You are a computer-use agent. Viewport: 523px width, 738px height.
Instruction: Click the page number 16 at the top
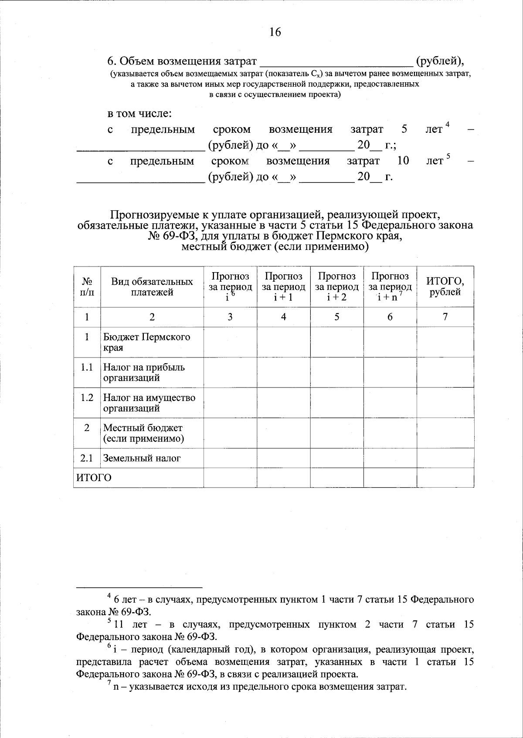click(275, 32)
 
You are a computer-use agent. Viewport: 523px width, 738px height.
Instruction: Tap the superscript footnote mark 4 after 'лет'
click(447, 126)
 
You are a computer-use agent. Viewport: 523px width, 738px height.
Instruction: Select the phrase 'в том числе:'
click(140, 114)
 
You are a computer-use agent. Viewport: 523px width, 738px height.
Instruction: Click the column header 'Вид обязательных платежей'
click(152, 287)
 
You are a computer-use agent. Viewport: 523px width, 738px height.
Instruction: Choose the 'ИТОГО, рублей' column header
click(445, 287)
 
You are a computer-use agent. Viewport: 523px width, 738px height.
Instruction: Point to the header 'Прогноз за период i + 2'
click(336, 287)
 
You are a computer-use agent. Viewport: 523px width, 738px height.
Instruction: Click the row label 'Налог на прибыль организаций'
click(144, 372)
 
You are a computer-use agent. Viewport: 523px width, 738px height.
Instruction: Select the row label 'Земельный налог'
click(142, 458)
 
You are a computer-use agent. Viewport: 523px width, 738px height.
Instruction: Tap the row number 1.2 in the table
click(87, 398)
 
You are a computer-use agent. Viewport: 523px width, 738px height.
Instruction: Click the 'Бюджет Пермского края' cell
click(146, 342)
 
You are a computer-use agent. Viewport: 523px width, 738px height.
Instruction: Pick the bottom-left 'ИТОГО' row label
click(94, 478)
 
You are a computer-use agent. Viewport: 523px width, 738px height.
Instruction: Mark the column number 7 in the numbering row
click(445, 317)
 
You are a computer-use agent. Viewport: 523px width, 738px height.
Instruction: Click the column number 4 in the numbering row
click(283, 317)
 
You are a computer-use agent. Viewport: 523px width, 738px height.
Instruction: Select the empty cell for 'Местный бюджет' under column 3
click(230, 433)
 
